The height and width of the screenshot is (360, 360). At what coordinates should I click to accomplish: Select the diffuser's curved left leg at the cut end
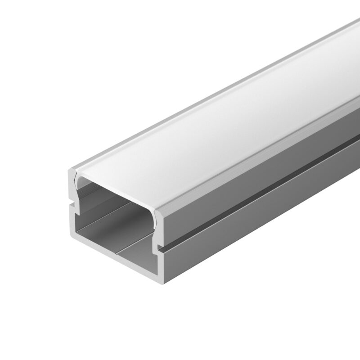76,184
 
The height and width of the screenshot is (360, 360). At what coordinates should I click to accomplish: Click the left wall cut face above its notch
72,189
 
